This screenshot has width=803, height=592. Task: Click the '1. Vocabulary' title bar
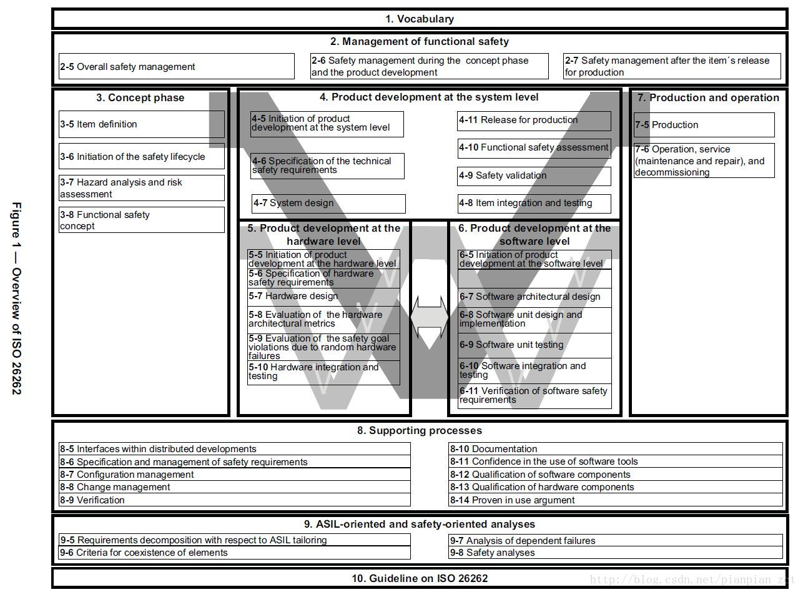coord(419,19)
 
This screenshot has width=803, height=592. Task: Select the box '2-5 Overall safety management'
coord(176,67)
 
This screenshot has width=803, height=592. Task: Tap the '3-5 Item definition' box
coord(142,124)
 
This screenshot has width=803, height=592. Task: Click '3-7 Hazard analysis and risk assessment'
coord(142,188)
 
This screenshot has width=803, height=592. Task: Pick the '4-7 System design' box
coord(328,203)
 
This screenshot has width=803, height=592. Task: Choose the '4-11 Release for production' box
coord(534,121)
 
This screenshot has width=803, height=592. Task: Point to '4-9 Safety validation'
coord(534,175)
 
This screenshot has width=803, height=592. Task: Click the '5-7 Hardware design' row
coord(323,297)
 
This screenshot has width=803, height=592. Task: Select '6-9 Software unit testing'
coord(535,345)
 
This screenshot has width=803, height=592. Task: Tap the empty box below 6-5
coord(535,279)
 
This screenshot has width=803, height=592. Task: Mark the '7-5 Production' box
coord(704,125)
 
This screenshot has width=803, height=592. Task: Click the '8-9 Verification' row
coord(234,500)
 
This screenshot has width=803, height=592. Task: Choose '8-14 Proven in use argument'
coord(615,500)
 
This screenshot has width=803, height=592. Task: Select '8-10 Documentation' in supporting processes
coord(615,449)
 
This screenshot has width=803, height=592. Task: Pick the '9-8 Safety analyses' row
coord(615,553)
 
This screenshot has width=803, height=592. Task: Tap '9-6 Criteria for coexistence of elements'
coord(234,553)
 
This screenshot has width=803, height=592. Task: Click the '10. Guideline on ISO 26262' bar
coord(419,578)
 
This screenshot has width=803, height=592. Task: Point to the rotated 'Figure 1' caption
coord(17,298)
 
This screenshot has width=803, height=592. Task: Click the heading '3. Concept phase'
coord(140,98)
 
